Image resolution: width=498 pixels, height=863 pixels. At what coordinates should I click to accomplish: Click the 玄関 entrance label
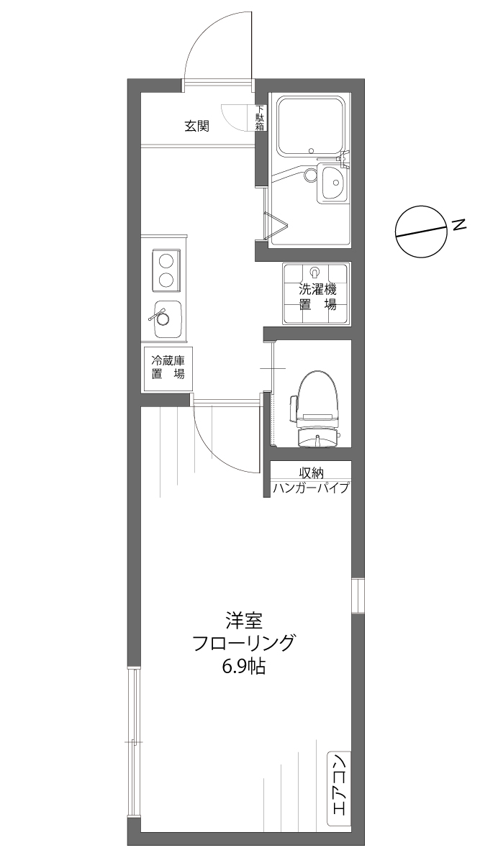(x=196, y=127)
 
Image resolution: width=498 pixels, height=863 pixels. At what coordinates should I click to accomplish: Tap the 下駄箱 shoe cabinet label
(x=260, y=118)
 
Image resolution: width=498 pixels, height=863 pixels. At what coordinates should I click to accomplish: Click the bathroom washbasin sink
(x=332, y=183)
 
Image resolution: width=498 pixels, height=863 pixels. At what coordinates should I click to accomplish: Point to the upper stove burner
(x=166, y=260)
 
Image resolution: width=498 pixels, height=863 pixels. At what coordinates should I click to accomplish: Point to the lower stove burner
(x=166, y=280)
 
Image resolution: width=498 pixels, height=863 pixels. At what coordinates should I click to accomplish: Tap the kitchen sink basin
(x=167, y=319)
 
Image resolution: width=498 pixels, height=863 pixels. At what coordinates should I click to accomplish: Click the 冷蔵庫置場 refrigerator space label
(x=167, y=367)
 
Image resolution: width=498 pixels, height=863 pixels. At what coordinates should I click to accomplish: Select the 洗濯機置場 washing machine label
(x=317, y=297)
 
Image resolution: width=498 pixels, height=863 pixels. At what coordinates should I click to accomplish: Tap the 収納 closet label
(x=312, y=472)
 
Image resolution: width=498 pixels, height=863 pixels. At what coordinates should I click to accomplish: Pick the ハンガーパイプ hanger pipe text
(x=311, y=488)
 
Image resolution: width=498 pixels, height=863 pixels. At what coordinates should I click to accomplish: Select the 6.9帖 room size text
(x=243, y=667)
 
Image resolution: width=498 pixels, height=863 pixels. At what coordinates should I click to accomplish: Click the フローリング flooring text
(x=243, y=642)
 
